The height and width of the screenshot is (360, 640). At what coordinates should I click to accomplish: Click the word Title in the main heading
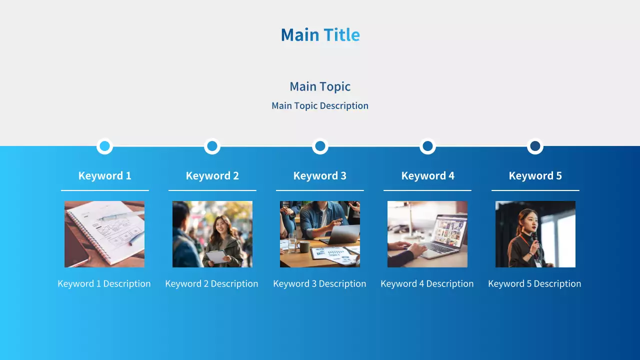pyautogui.click(x=341, y=35)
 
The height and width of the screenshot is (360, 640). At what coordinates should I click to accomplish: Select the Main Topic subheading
pyautogui.click(x=320, y=86)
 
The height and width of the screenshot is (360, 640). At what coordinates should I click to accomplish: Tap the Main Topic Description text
pyautogui.click(x=320, y=105)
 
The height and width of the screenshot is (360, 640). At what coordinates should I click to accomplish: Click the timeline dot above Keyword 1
pyautogui.click(x=105, y=146)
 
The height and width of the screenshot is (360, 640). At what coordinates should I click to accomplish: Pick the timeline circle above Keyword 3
pyautogui.click(x=320, y=146)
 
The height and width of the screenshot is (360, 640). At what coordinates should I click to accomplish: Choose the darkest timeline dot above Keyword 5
pyautogui.click(x=535, y=146)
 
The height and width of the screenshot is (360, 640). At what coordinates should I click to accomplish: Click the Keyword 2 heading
pyautogui.click(x=212, y=175)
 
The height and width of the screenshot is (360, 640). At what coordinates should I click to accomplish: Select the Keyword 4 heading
pyautogui.click(x=427, y=175)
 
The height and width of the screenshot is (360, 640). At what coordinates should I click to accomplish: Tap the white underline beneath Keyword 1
pyautogui.click(x=105, y=190)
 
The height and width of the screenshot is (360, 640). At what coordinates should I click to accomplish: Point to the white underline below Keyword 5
pyautogui.click(x=535, y=190)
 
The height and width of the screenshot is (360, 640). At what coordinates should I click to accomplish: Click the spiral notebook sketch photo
pyautogui.click(x=104, y=234)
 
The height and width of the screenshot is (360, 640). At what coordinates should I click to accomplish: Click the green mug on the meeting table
pyautogui.click(x=304, y=246)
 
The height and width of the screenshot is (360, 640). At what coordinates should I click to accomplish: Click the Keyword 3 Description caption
pyautogui.click(x=319, y=283)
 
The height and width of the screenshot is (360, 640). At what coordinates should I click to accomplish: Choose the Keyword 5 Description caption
pyautogui.click(x=534, y=283)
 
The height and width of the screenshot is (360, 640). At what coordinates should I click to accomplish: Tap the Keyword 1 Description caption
pyautogui.click(x=104, y=283)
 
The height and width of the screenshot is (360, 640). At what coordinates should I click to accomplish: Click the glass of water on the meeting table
pyautogui.click(x=292, y=243)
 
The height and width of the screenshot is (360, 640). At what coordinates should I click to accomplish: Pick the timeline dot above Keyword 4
pyautogui.click(x=427, y=146)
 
